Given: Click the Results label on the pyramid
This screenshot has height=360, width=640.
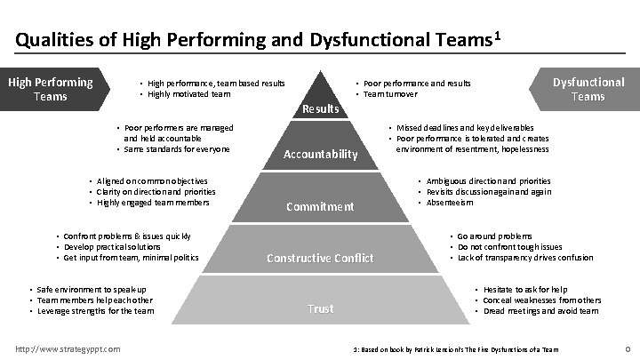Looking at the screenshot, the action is (x=321, y=108).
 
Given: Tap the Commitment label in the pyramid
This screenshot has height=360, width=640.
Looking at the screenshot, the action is (x=320, y=206).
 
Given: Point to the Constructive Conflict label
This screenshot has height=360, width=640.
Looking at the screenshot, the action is (x=320, y=259).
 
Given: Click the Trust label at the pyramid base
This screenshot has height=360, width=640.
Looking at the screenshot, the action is (x=320, y=309).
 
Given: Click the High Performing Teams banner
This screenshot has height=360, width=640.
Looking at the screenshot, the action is (x=51, y=89).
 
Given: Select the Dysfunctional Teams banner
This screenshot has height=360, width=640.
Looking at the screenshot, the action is (x=588, y=89).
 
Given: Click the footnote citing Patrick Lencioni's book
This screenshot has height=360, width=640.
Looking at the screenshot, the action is (x=455, y=348).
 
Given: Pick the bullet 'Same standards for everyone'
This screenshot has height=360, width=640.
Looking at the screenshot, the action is (x=178, y=148).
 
